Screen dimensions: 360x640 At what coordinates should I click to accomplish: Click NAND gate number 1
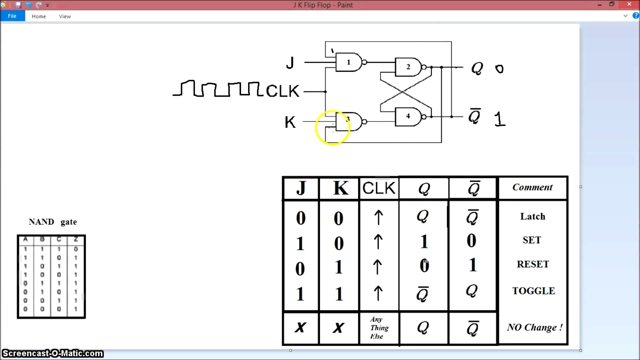349,62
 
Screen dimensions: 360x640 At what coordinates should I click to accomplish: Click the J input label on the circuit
290,63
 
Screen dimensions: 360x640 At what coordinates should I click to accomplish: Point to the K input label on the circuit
290,122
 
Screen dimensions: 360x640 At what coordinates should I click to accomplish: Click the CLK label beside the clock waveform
283,91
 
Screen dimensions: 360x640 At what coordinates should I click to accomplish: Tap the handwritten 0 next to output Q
499,69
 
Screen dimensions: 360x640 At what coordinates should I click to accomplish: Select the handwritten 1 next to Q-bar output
499,119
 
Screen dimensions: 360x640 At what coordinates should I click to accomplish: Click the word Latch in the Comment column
532,216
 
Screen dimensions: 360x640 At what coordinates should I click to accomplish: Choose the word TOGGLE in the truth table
533,291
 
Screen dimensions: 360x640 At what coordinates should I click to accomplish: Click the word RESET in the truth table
533,264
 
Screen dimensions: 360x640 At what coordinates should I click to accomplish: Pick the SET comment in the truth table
532,240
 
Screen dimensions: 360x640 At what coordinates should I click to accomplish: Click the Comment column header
532,187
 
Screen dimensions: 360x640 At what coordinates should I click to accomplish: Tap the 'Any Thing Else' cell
379,328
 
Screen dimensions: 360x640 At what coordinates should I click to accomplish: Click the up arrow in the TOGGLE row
378,293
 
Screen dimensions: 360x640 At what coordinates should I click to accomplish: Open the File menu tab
12,16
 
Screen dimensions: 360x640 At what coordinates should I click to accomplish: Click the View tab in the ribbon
65,16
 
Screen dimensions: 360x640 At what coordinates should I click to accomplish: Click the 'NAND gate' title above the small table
53,222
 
